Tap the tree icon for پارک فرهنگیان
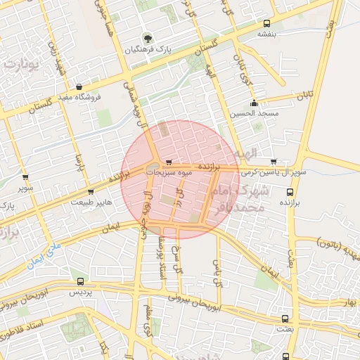point(148,38)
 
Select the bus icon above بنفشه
point(266,22)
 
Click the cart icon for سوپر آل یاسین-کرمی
point(273,161)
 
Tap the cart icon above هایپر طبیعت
point(90,191)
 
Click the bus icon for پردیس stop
point(79,281)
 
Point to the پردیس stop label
point(79,292)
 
